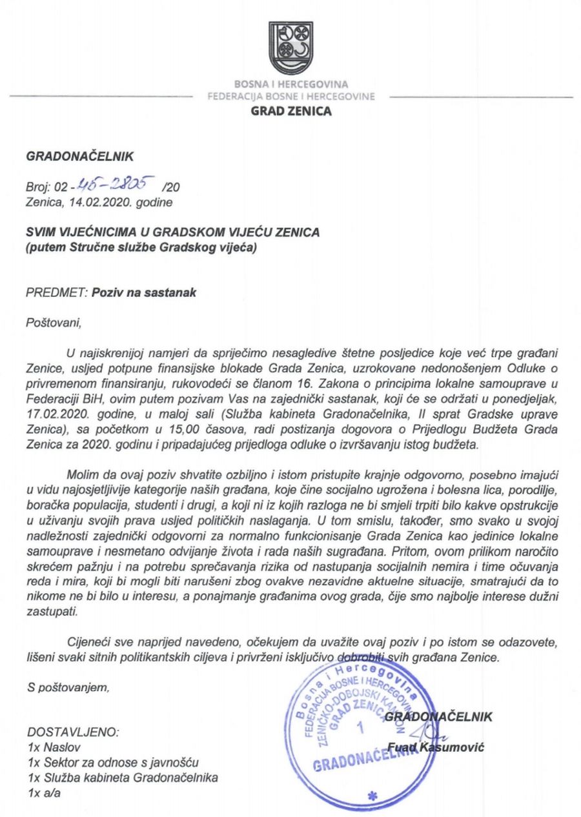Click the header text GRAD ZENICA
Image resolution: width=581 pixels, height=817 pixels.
pyautogui.click(x=290, y=111)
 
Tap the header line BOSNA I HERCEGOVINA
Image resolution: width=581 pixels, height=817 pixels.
pyautogui.click(x=290, y=85)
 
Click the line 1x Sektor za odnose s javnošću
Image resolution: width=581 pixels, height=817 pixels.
pyautogui.click(x=113, y=762)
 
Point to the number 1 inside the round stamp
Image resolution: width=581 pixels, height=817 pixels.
pyautogui.click(x=360, y=729)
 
